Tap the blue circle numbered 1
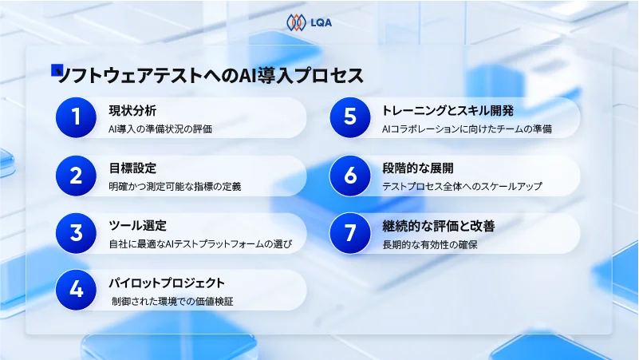click(x=76, y=117)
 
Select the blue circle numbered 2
click(x=76, y=175)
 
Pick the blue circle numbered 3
click(x=76, y=233)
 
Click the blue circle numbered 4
click(x=76, y=290)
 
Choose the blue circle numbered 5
click(x=349, y=117)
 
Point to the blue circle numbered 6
click(x=349, y=175)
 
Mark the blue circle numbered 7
click(x=349, y=233)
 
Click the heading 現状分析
click(x=132, y=110)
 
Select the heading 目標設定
click(x=132, y=168)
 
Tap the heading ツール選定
click(x=137, y=226)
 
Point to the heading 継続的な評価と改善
click(x=439, y=226)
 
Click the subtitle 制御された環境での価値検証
click(x=172, y=302)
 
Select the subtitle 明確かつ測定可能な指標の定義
click(x=175, y=187)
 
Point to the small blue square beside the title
click(x=57, y=70)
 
